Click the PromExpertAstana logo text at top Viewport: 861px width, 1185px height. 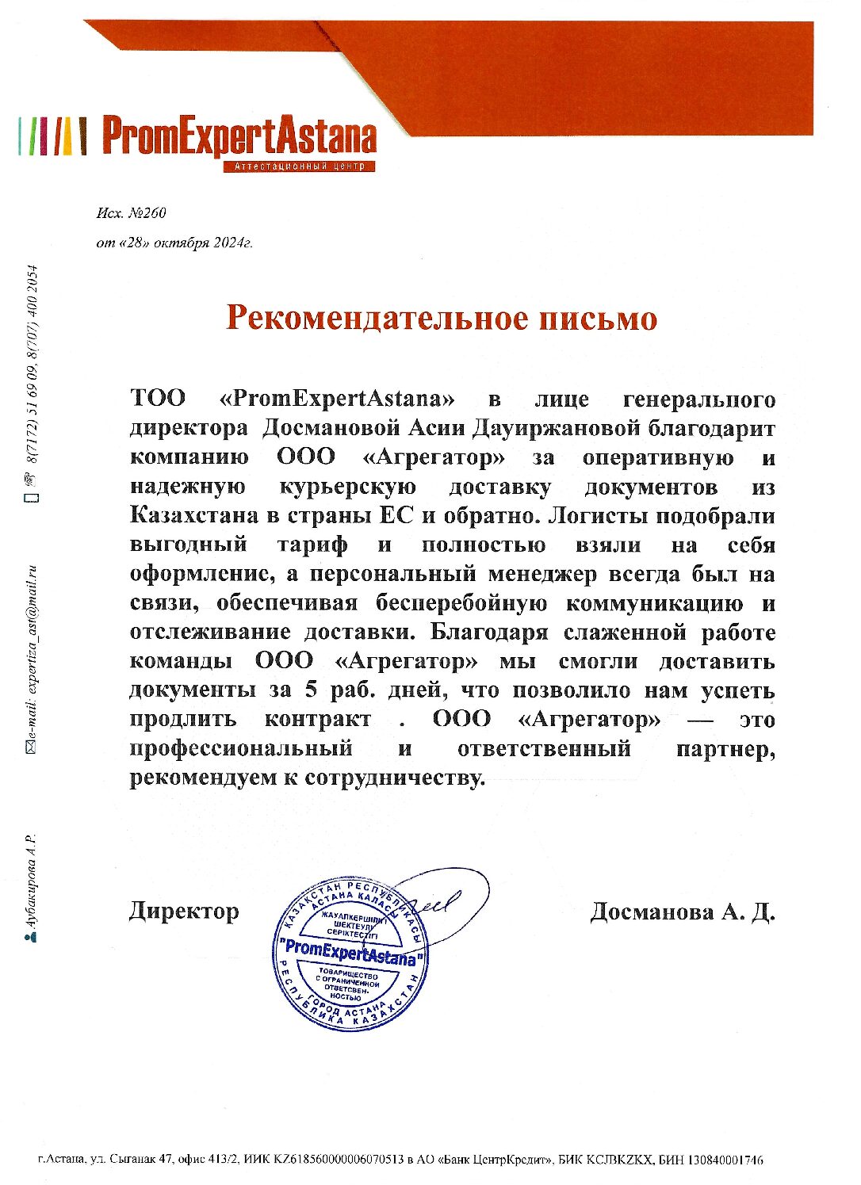click(x=239, y=136)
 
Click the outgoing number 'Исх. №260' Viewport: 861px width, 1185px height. click(x=131, y=213)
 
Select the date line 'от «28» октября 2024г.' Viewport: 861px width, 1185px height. click(x=174, y=243)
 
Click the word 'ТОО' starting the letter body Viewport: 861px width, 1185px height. click(x=158, y=398)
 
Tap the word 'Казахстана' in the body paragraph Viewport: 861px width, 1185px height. click(x=193, y=516)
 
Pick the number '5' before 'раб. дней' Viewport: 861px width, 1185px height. click(x=310, y=690)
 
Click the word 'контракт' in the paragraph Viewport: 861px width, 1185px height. click(x=317, y=720)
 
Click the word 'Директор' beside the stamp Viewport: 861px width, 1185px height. click(x=183, y=912)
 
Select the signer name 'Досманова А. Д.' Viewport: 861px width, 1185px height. click(x=682, y=912)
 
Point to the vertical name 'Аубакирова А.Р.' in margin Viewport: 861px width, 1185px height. click(x=33, y=881)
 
